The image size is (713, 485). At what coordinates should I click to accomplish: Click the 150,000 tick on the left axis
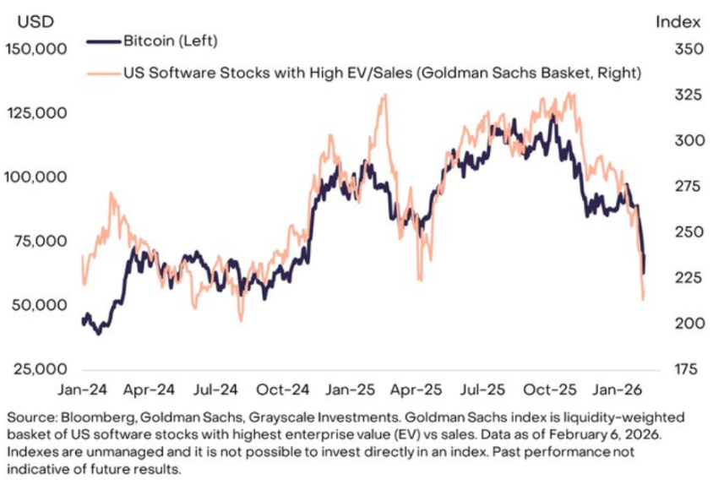36,49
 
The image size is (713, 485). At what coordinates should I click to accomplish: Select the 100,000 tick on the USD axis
36,177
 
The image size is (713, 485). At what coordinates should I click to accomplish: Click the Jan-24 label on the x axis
82,391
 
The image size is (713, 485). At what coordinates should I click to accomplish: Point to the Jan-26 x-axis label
617,391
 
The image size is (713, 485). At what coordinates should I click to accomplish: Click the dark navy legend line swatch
103,41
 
